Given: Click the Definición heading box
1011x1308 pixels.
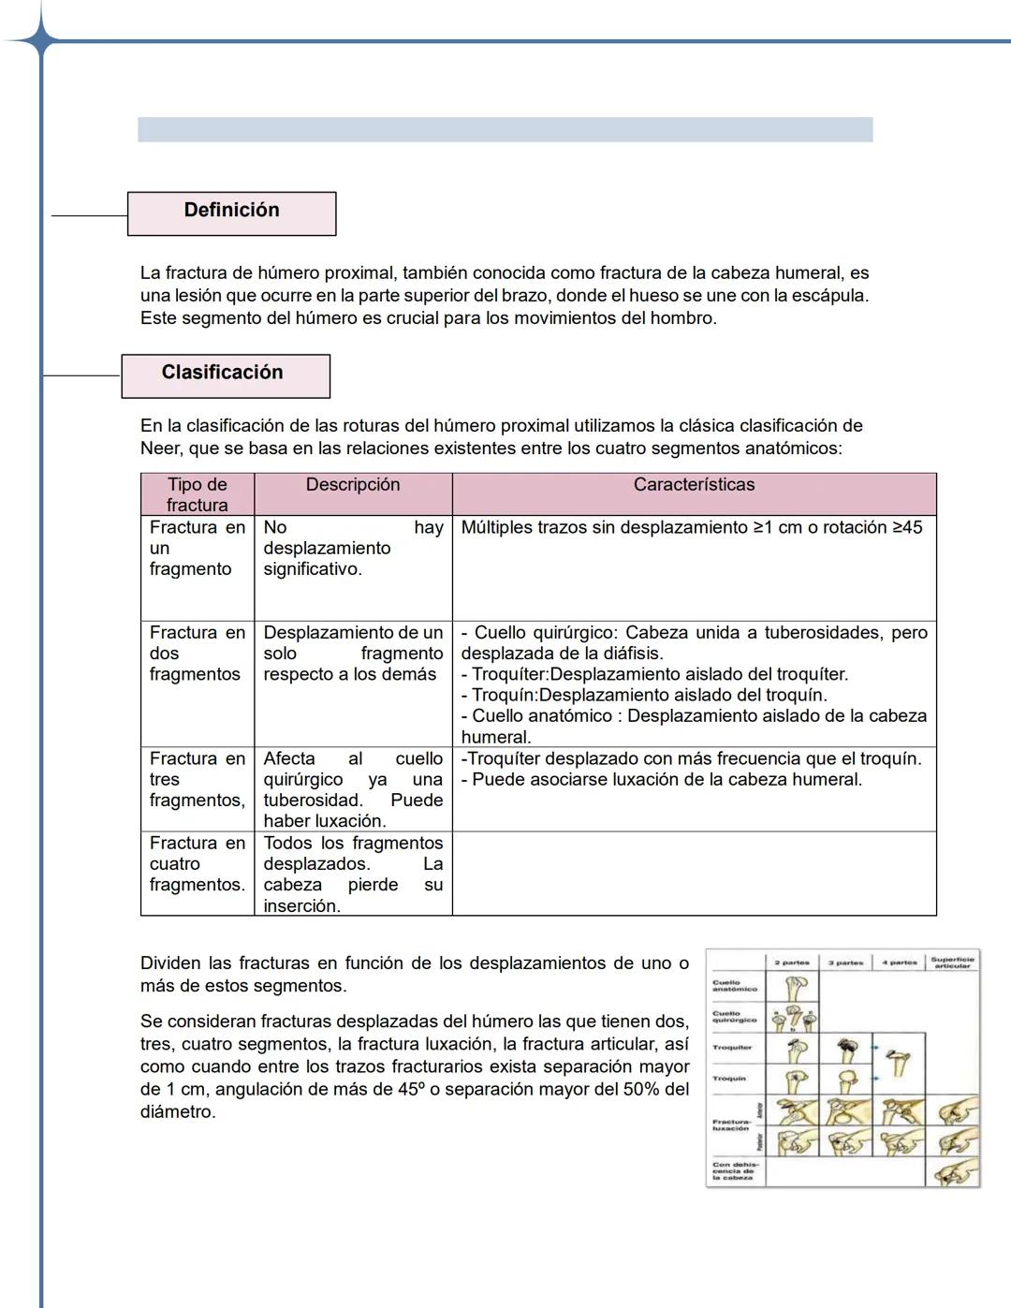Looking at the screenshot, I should point(231,213).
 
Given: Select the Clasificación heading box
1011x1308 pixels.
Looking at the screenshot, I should point(225,375).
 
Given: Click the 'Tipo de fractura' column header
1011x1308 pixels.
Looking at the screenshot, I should point(197,493).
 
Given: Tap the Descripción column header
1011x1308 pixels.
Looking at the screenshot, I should point(352,485).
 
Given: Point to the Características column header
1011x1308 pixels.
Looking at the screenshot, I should point(693,485).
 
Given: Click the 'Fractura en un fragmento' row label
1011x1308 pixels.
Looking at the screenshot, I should point(197,549).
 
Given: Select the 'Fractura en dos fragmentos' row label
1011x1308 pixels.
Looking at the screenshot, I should point(197,654).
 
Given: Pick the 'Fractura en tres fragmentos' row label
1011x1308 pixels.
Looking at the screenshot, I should point(197,779).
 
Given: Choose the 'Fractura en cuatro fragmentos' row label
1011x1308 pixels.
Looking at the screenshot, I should point(197,863).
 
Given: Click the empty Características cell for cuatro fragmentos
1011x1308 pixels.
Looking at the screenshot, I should point(693,873).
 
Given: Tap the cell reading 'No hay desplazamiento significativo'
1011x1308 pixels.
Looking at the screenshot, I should point(352,549).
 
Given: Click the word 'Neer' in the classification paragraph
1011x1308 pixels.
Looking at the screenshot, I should point(160,448).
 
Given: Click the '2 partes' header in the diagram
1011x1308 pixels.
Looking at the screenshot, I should point(792,963).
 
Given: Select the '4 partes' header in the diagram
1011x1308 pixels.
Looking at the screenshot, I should point(899,963).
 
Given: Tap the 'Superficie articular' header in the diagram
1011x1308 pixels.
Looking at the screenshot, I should point(952,963).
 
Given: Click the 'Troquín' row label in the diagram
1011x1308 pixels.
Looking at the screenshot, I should point(729,1079).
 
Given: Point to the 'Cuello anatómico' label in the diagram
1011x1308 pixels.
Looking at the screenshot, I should point(734,986).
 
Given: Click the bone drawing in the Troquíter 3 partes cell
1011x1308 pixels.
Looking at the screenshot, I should point(847,1050).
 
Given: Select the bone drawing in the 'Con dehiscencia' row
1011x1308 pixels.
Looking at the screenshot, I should point(954,1171).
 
